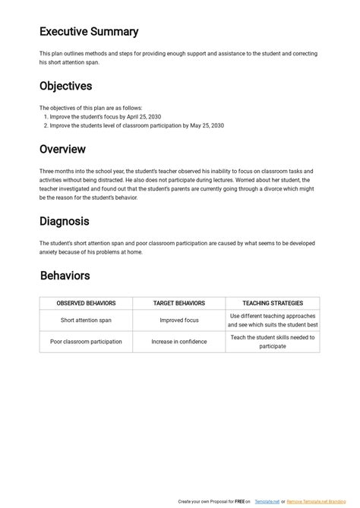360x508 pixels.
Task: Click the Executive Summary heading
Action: pyautogui.click(x=89, y=32)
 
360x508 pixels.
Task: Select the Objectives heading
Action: pyautogui.click(x=65, y=87)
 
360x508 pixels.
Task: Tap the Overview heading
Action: pyautogui.click(x=62, y=150)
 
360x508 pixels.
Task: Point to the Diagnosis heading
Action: pyautogui.click(x=65, y=222)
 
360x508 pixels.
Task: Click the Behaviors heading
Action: pyautogui.click(x=65, y=276)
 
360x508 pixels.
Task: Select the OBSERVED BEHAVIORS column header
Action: pyautogui.click(x=86, y=303)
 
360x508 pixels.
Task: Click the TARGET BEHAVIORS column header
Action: pyautogui.click(x=179, y=303)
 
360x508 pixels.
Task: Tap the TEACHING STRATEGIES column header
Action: pyautogui.click(x=273, y=303)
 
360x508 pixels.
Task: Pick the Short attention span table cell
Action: pyautogui.click(x=86, y=320)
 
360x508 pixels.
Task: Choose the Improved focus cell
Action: pyautogui.click(x=179, y=320)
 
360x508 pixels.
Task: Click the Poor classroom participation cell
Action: pyautogui.click(x=86, y=342)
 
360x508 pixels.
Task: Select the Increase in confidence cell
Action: pyautogui.click(x=179, y=342)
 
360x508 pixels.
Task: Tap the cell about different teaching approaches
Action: pyautogui.click(x=273, y=320)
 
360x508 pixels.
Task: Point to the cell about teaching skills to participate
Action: pyautogui.click(x=273, y=342)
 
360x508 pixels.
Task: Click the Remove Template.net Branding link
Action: pyautogui.click(x=312, y=502)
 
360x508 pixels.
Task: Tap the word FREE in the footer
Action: pyautogui.click(x=238, y=502)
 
